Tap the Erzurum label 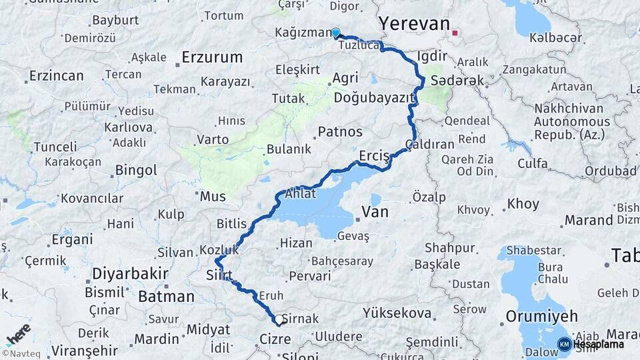pyautogui.click(x=212, y=57)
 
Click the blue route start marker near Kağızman pyautogui.click(x=336, y=33)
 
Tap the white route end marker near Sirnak pyautogui.click(x=277, y=321)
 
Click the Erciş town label pyautogui.click(x=373, y=156)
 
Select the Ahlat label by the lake pyautogui.click(x=300, y=195)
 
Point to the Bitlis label pyautogui.click(x=231, y=223)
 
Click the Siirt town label pyautogui.click(x=219, y=275)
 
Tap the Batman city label pyautogui.click(x=166, y=296)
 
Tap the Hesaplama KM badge pyautogui.click(x=591, y=344)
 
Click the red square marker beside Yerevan pyautogui.click(x=455, y=33)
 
